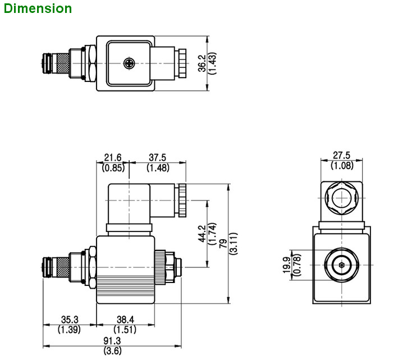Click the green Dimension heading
(x=37, y=9)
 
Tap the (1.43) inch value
(x=212, y=63)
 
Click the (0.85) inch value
(x=113, y=167)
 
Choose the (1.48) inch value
(x=158, y=167)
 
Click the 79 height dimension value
(x=222, y=243)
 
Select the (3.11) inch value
(x=232, y=243)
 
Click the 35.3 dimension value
(x=70, y=320)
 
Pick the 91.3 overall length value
(x=112, y=341)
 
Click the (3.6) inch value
(x=112, y=351)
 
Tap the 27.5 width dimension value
(x=341, y=156)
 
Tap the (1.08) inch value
(x=341, y=165)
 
